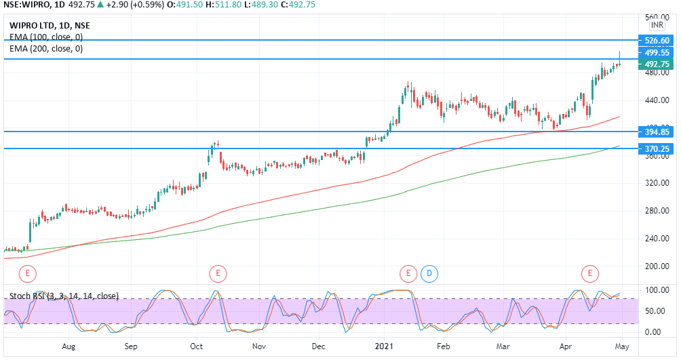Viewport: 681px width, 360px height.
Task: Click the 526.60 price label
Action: (657, 41)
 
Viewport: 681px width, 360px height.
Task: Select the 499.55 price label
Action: (657, 52)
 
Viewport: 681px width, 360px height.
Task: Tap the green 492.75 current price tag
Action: (657, 64)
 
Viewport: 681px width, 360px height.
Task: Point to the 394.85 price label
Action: (657, 132)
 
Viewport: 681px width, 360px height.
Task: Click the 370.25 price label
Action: (657, 148)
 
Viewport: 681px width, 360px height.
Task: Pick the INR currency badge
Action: (657, 25)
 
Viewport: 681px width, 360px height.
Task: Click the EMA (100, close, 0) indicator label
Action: (46, 37)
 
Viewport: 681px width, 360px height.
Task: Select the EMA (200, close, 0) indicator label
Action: (46, 49)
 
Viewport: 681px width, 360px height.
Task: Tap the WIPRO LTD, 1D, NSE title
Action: (50, 26)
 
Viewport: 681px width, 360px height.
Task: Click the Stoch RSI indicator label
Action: (64, 296)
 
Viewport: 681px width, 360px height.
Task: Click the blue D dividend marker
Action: (429, 274)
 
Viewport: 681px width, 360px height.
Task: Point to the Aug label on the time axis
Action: (69, 345)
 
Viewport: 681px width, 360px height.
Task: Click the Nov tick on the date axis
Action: (258, 345)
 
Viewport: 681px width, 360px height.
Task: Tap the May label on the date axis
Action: (622, 345)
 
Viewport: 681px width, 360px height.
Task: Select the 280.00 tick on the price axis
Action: (657, 211)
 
